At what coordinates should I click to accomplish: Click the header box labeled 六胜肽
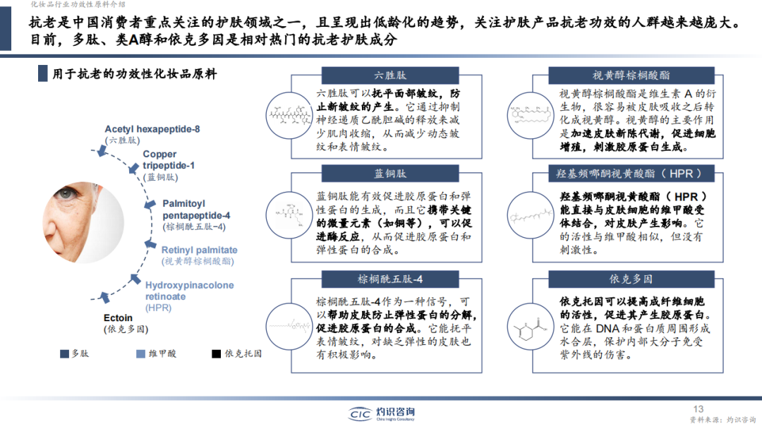click(391, 75)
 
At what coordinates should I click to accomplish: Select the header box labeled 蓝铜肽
click(391, 173)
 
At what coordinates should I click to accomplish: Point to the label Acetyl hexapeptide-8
click(152, 129)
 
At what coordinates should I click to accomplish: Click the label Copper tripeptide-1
click(169, 159)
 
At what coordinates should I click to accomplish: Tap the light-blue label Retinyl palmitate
click(200, 250)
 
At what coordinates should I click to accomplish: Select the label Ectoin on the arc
click(118, 318)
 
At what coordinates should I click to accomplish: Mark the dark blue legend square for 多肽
click(64, 354)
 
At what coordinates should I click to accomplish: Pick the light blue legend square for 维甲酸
click(141, 354)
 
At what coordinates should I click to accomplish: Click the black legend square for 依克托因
click(216, 354)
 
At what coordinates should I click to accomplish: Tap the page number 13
click(698, 409)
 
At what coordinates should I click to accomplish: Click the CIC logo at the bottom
click(381, 414)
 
